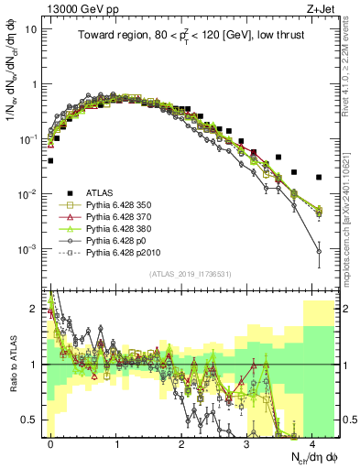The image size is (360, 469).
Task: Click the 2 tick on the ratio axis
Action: [37, 308]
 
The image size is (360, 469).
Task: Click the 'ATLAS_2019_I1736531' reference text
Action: [190, 274]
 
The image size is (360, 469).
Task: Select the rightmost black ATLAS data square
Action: [319, 177]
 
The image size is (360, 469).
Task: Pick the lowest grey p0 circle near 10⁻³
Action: [319, 250]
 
